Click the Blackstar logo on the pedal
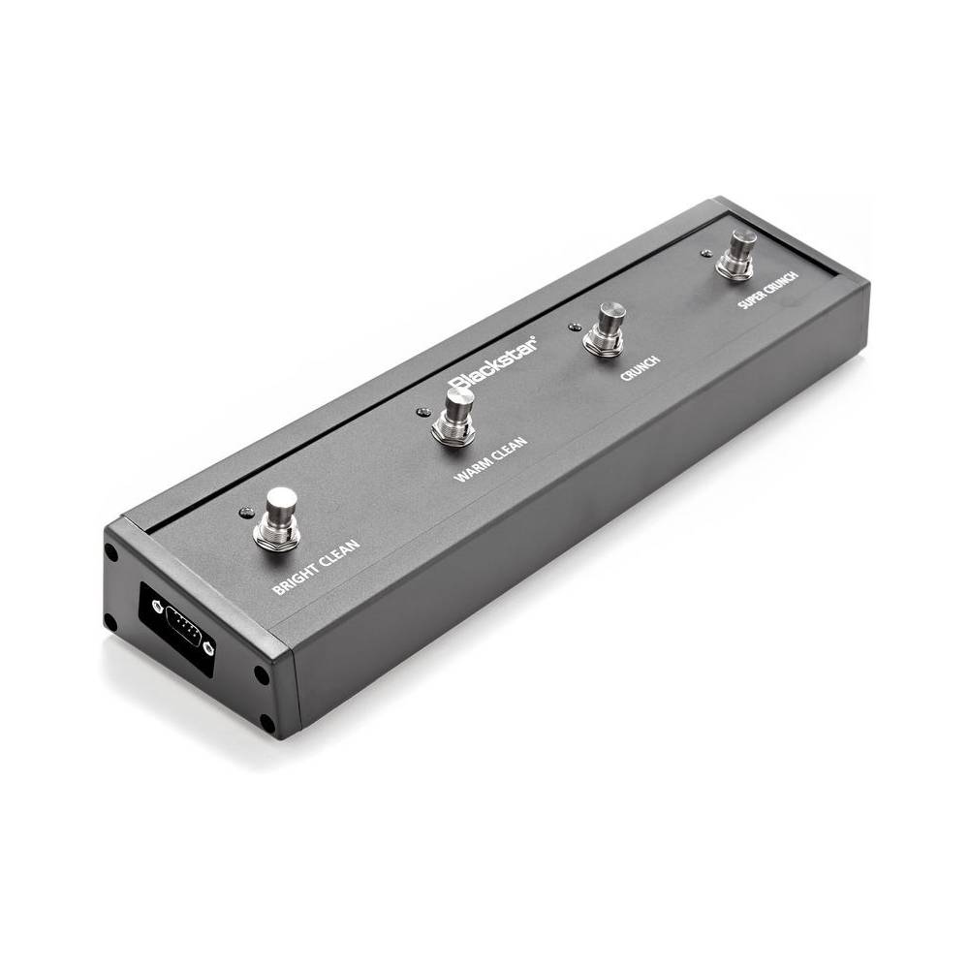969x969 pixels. (493, 364)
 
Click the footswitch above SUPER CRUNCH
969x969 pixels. (736, 254)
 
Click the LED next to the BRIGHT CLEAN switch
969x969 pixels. (246, 513)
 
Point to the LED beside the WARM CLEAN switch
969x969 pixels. (422, 412)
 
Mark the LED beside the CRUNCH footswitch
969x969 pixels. (575, 326)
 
